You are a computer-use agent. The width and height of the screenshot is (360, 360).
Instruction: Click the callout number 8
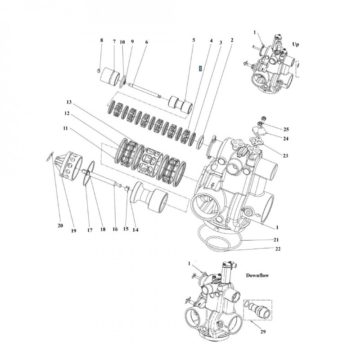(102, 40)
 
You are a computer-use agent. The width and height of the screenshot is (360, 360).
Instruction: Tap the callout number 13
(69, 102)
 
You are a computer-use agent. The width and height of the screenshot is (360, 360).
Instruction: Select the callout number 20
(60, 225)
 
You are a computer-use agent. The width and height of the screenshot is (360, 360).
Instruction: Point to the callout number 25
(286, 130)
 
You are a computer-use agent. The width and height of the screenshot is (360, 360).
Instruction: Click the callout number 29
(263, 332)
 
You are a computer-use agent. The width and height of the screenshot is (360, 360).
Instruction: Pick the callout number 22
(278, 249)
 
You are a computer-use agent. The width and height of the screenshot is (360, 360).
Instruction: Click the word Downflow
(257, 275)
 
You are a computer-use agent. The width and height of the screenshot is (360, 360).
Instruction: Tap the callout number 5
(193, 40)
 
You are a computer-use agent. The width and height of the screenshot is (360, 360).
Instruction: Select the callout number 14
(135, 229)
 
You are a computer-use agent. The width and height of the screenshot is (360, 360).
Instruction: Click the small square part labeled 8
(98, 70)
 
